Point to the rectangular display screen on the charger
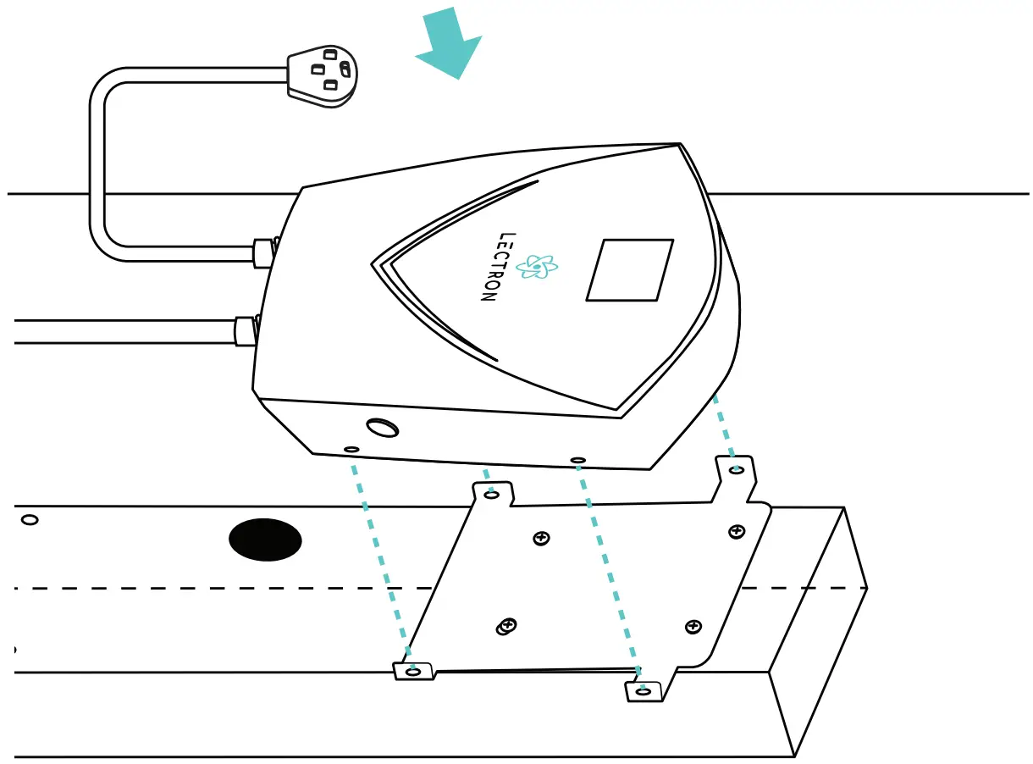coord(629,269)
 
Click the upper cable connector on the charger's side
coord(263,252)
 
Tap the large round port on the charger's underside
coord(382,429)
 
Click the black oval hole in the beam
coord(266,540)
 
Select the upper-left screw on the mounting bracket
coord(541,538)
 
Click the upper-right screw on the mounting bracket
coord(737,531)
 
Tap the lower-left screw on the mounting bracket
coord(507,626)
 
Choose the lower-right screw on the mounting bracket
coord(693,627)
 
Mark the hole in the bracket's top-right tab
coord(737,468)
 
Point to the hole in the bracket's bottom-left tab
coord(413,671)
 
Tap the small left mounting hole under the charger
coord(351,449)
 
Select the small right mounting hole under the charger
coord(578,460)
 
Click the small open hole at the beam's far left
coord(30,519)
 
